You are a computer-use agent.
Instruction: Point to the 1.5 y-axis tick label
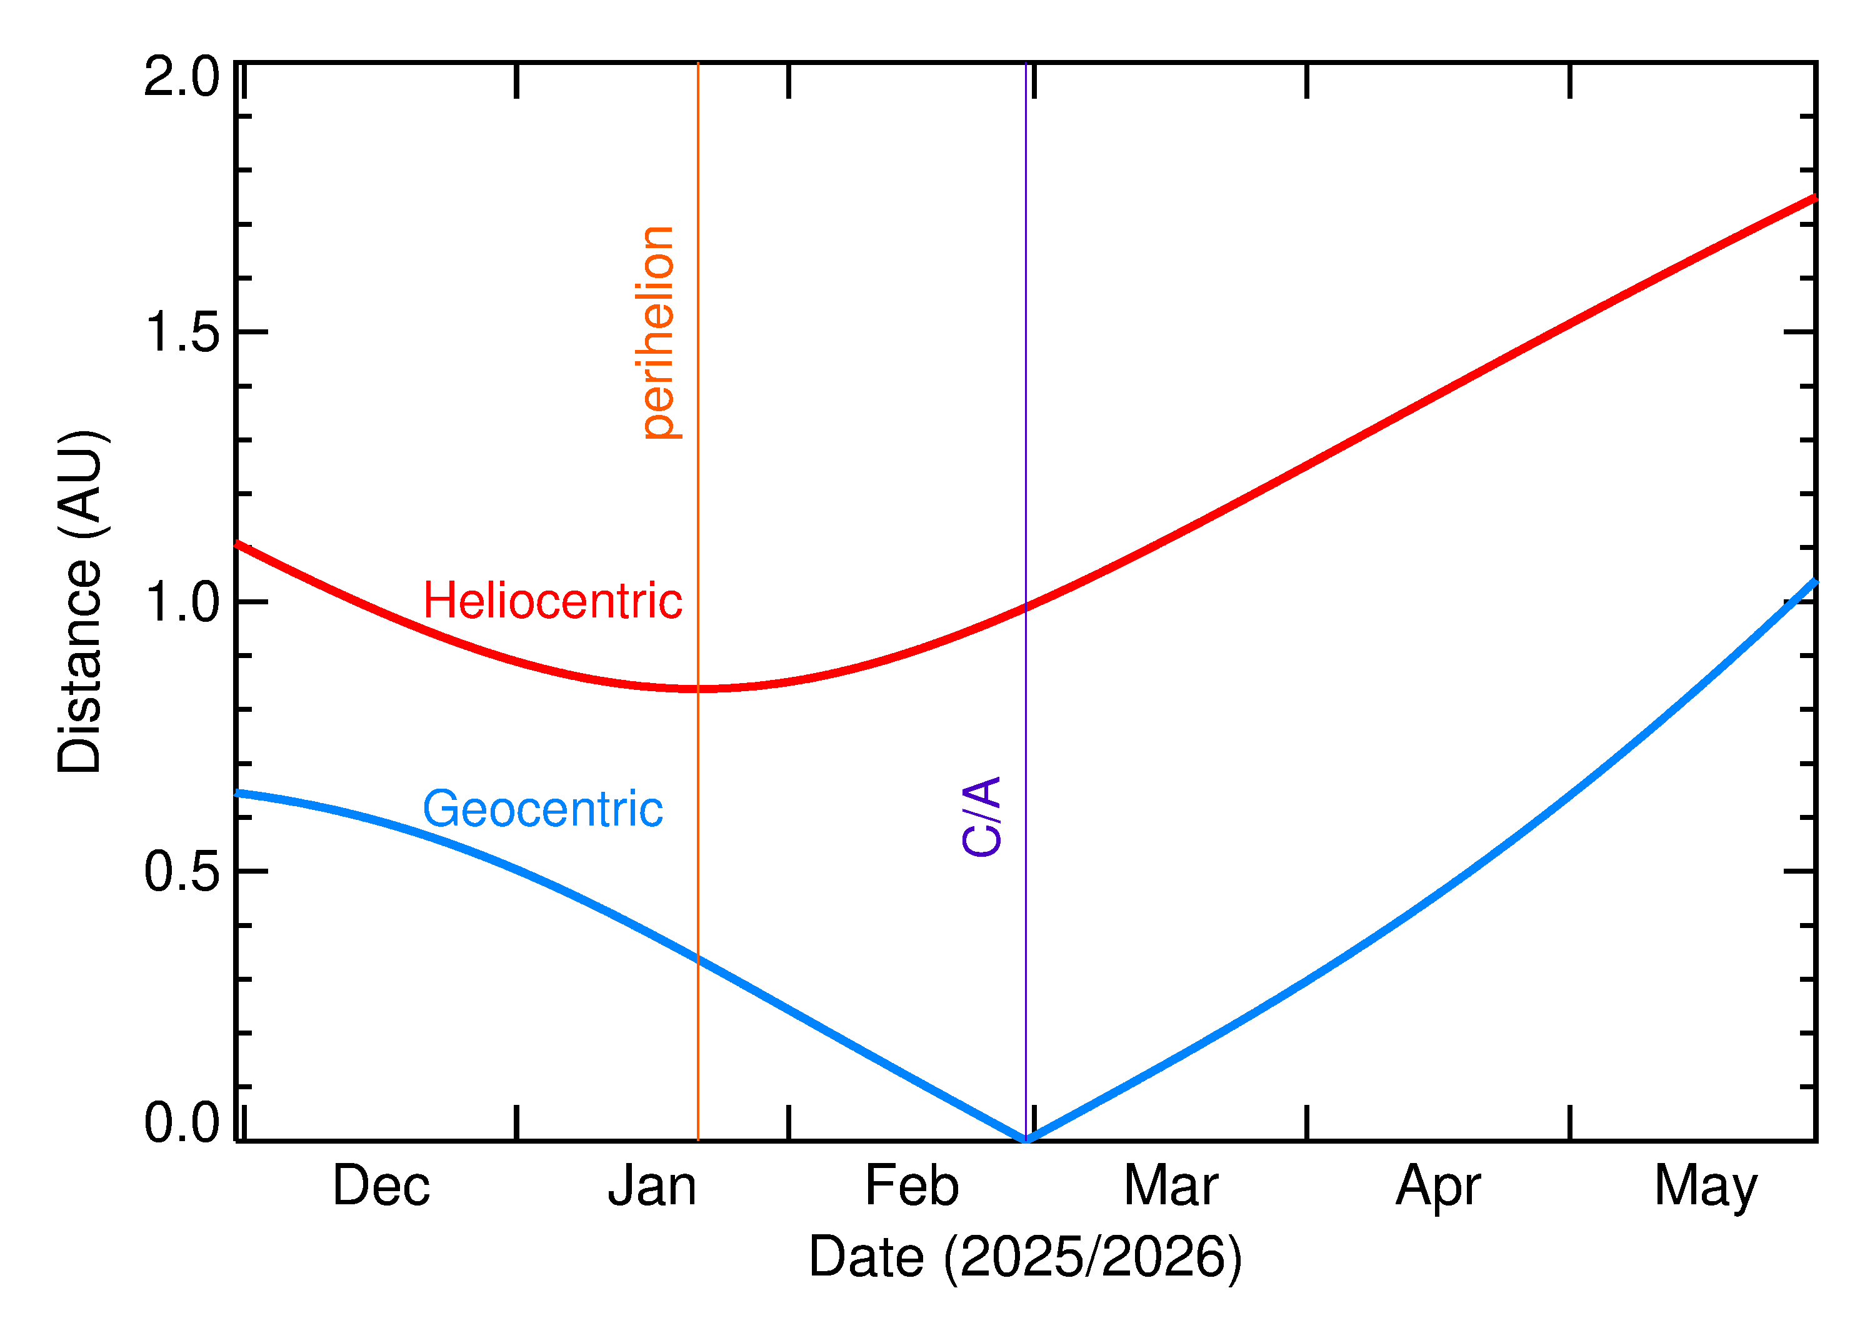pos(181,334)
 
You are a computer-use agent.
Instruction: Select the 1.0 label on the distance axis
pos(181,602)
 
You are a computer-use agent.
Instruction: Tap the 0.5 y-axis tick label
pos(181,872)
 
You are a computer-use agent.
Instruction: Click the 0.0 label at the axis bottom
pos(181,1123)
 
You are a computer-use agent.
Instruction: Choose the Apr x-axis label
pos(1437,1187)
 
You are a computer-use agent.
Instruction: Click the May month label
pos(1705,1187)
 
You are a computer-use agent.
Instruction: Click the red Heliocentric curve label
pos(552,601)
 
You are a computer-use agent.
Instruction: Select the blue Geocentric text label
pos(542,809)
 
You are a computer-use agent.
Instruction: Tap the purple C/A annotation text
pos(981,816)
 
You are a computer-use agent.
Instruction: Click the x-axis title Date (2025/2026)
pos(1024,1257)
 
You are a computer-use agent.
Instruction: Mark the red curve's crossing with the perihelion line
pos(697,689)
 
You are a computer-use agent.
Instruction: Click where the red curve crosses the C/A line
pos(1026,607)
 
